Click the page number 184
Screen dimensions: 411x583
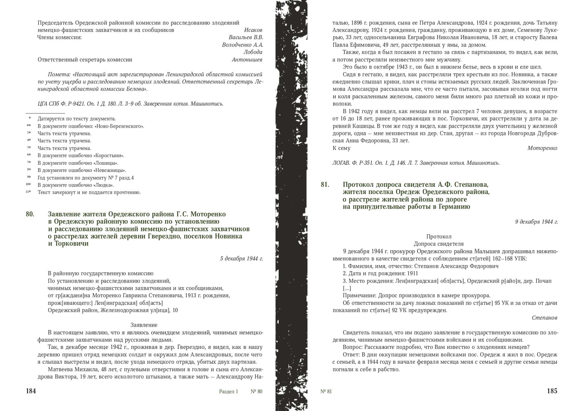tap(31, 391)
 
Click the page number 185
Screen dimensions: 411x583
tap(552, 391)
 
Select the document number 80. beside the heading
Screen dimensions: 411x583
tap(30, 214)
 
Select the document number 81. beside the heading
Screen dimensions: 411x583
tap(325, 184)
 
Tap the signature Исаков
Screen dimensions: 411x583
tap(253, 30)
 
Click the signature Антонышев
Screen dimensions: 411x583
tap(247, 59)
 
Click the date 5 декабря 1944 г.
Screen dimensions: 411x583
tap(241, 258)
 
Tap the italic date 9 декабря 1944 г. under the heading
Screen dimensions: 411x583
tap(536, 222)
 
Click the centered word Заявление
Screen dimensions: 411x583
tap(144, 325)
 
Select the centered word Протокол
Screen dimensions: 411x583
tap(439, 237)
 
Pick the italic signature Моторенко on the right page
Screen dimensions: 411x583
tap(542, 148)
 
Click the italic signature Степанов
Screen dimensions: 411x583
tap(544, 318)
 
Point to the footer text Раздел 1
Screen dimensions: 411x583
tap(229, 392)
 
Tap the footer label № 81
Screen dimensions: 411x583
tap(326, 392)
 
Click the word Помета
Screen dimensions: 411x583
tap(60, 74)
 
